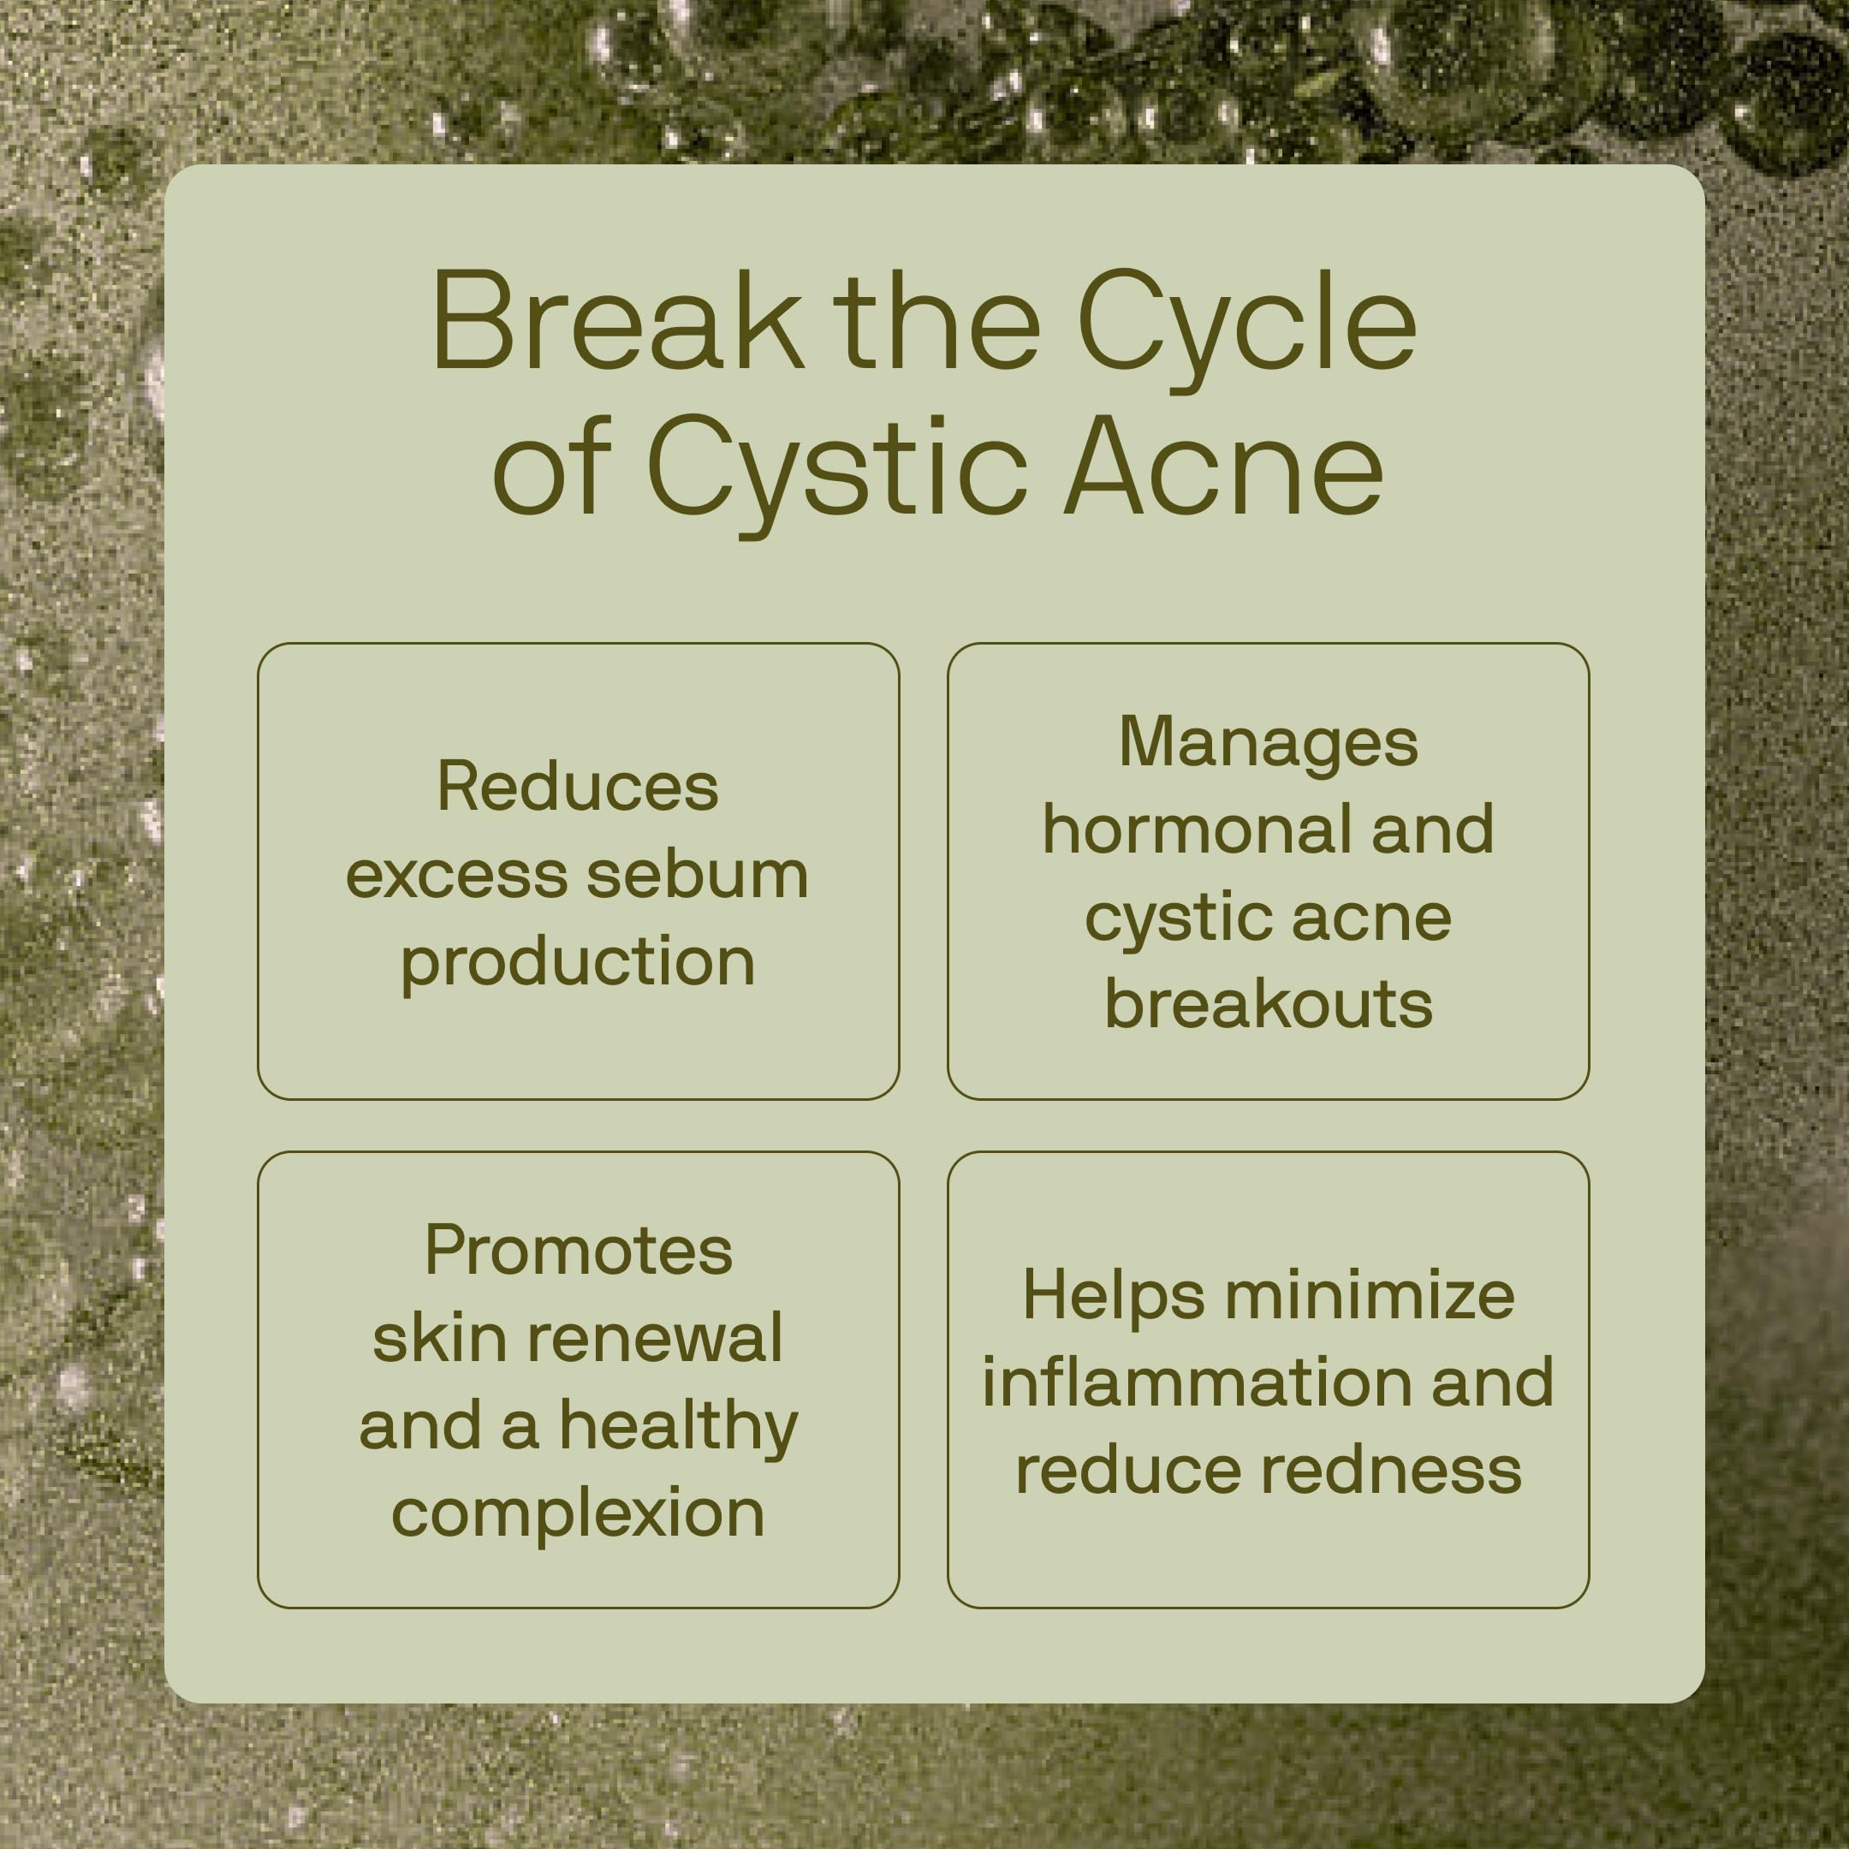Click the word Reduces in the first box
pyautogui.click(x=577, y=787)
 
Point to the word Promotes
pyautogui.click(x=578, y=1250)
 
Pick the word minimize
pyautogui.click(x=1370, y=1295)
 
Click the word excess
pyautogui.click(x=456, y=877)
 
